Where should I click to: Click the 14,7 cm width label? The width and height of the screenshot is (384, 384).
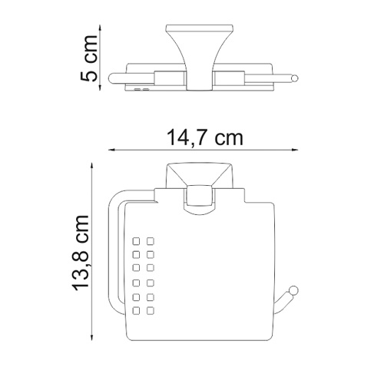(x=206, y=139)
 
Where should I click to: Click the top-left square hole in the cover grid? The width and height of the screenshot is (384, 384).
(x=136, y=238)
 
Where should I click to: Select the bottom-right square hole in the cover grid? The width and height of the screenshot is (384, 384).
(x=151, y=311)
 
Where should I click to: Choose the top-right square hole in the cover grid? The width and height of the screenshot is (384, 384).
(x=151, y=238)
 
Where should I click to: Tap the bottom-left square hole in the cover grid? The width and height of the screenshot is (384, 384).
(x=136, y=311)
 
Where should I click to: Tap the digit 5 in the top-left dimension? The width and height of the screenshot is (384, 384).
(x=90, y=75)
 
